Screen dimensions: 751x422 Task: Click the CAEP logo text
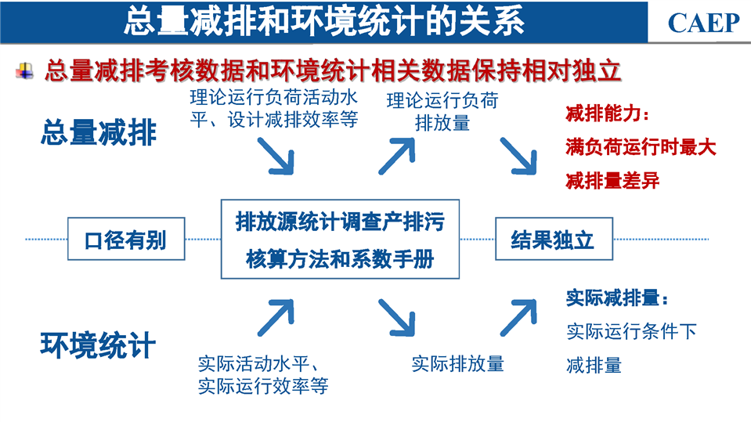(x=703, y=23)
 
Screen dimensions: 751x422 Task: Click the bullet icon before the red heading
(x=24, y=71)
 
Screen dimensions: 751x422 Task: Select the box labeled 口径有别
(x=126, y=239)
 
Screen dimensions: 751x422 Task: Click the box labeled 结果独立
(x=554, y=239)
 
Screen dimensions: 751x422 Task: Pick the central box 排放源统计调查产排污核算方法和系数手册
(x=340, y=239)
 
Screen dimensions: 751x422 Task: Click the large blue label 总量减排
(x=99, y=132)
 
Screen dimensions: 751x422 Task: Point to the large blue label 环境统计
(x=98, y=344)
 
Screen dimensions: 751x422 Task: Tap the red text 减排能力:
(x=608, y=114)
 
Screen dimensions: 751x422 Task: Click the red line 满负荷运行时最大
(x=641, y=147)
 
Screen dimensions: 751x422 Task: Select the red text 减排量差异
(x=612, y=181)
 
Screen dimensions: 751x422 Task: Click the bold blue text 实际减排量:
(x=617, y=298)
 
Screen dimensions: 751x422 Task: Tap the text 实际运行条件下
(x=631, y=331)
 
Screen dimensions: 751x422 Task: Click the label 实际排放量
(x=458, y=364)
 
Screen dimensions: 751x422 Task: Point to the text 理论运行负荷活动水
(x=273, y=97)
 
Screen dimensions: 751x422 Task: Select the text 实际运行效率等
(x=263, y=386)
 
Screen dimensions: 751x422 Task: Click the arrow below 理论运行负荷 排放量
(x=396, y=156)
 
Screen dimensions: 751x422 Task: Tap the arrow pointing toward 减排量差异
(x=518, y=156)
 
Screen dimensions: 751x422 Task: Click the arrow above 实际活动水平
(x=276, y=318)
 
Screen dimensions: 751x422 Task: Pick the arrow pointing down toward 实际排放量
(x=396, y=318)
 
